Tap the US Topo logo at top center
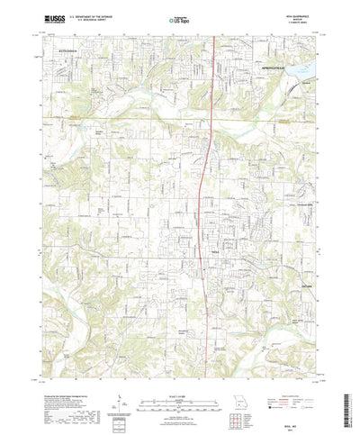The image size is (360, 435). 180,17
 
